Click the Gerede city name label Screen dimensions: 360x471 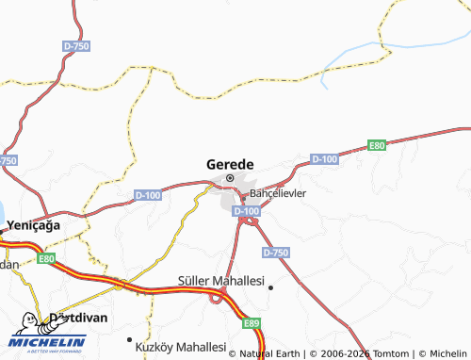pos(229,163)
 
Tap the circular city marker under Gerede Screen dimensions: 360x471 pos(229,177)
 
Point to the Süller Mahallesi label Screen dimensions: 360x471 pos(220,282)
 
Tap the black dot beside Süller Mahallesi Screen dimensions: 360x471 pos(270,287)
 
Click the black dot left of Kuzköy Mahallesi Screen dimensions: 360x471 pos(129,339)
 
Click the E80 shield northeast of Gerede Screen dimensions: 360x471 pos(377,145)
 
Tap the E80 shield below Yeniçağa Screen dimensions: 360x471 pos(46,256)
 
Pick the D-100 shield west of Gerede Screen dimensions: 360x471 pos(148,195)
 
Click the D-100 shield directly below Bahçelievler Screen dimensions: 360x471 pos(246,211)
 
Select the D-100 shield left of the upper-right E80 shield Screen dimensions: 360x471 pos(324,159)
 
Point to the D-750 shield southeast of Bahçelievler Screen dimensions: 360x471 pos(276,253)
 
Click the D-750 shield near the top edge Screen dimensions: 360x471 pos(74,44)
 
